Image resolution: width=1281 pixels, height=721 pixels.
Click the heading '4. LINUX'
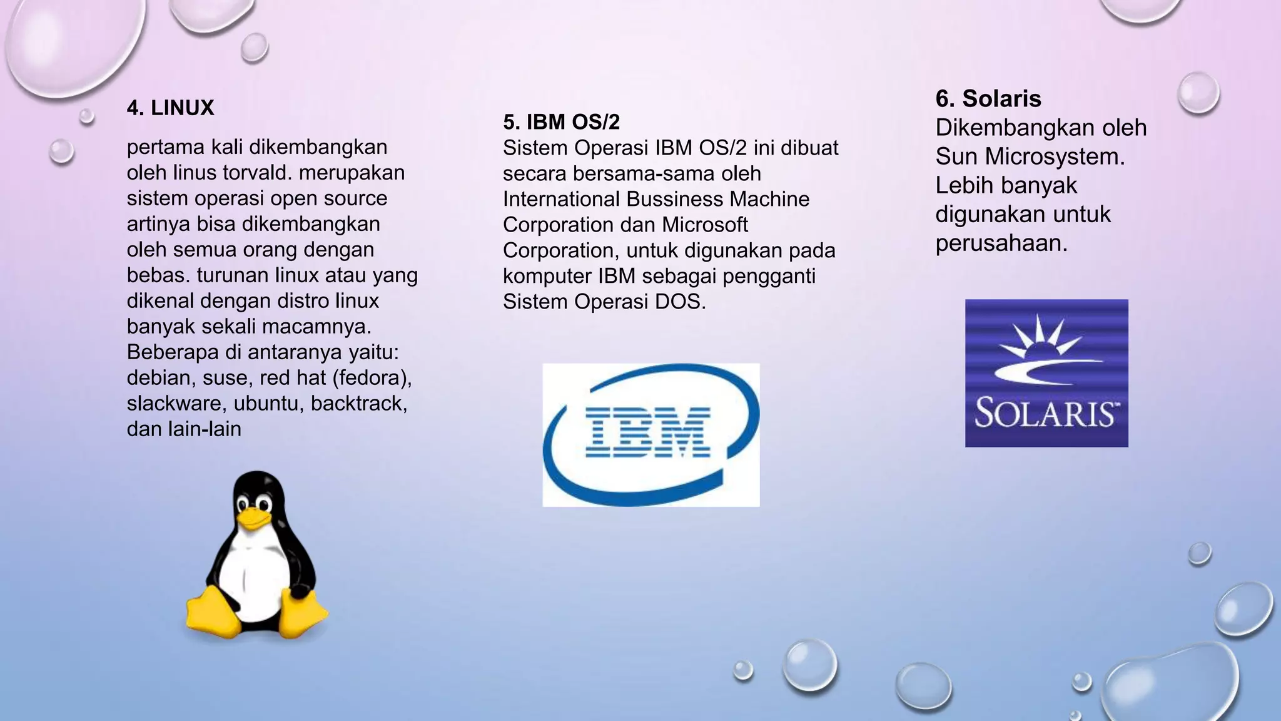pyautogui.click(x=170, y=108)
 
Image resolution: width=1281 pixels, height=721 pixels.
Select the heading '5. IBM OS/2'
pyautogui.click(x=561, y=122)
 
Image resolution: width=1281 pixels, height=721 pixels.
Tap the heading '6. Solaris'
pyautogui.click(x=988, y=99)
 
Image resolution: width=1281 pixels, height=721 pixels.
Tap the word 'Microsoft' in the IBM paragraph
pyautogui.click(x=705, y=225)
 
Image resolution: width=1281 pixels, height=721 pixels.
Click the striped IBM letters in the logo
pyautogui.click(x=647, y=431)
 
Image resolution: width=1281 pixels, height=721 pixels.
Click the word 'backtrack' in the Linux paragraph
pyautogui.click(x=358, y=404)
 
